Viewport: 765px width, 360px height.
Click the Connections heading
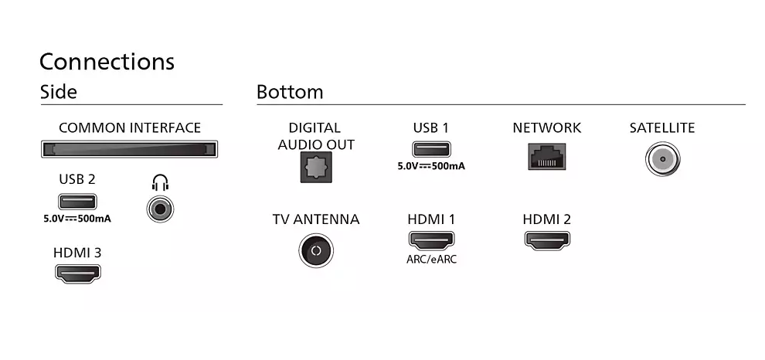coord(107,62)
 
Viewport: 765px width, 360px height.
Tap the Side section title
coord(59,92)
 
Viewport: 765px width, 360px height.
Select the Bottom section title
coord(290,92)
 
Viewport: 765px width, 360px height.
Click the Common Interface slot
coord(129,149)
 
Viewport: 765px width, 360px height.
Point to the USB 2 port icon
coord(77,202)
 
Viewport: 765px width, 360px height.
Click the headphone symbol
coord(160,183)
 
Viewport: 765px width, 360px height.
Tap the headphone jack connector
coord(160,209)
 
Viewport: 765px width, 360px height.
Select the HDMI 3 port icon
coord(77,273)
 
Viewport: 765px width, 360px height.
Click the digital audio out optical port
coord(316,167)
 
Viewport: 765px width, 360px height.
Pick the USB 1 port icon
coord(432,149)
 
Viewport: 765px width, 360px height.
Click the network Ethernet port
coord(547,157)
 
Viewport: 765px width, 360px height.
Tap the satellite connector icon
coord(662,159)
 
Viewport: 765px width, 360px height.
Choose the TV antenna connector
coord(316,251)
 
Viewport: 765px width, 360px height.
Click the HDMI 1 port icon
coord(431,240)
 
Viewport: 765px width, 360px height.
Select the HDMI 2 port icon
coord(547,240)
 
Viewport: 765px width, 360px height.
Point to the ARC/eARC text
coord(432,260)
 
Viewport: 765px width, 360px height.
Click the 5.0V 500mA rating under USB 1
coord(431,166)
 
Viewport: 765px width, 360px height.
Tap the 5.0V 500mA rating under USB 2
coord(77,219)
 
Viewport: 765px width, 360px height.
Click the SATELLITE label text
coord(662,127)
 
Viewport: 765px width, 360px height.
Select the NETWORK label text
coord(547,127)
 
